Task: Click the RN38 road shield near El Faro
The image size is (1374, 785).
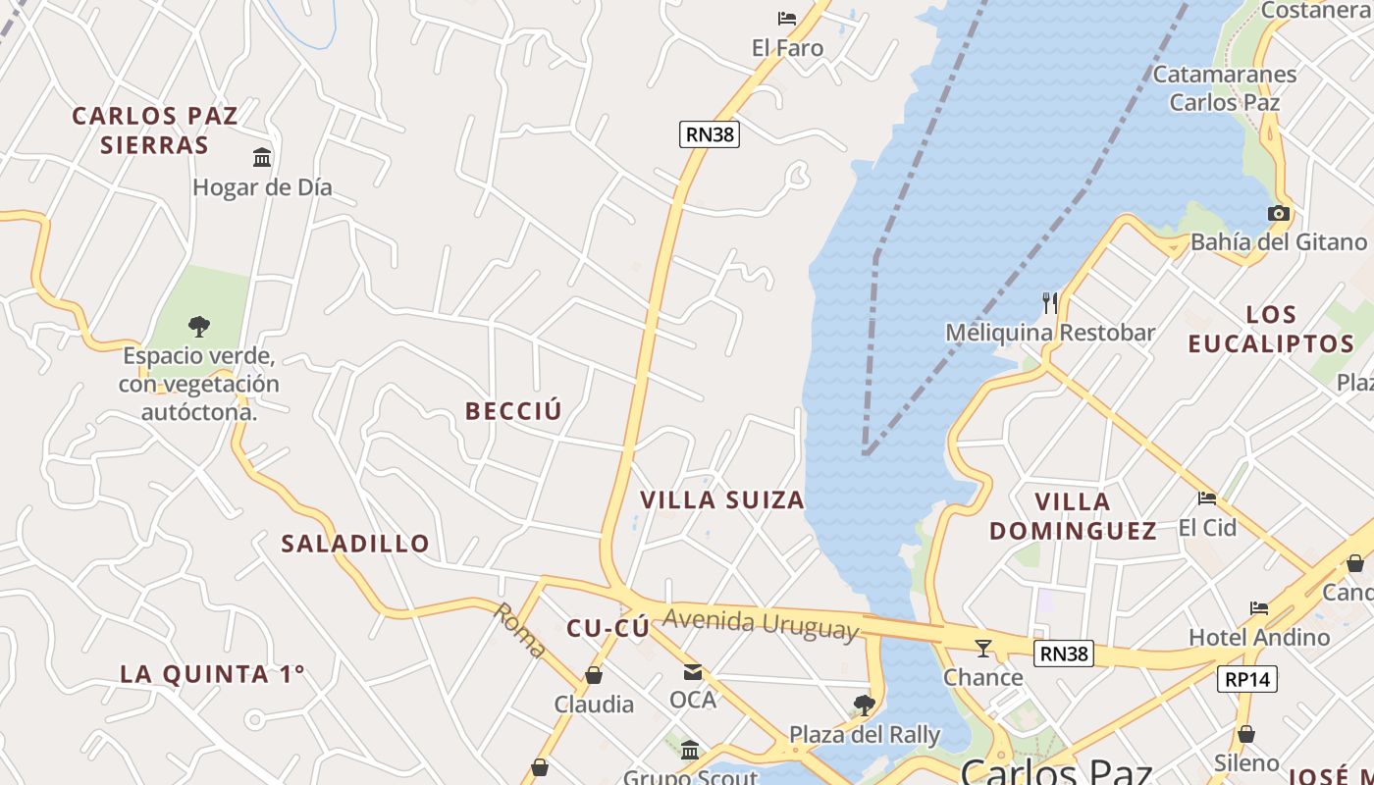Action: (709, 134)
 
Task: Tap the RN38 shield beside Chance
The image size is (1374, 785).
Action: (1063, 653)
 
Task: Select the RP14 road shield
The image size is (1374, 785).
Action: (1247, 678)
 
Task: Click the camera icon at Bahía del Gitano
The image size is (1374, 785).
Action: (1278, 213)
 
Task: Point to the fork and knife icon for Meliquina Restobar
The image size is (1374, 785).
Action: (1050, 303)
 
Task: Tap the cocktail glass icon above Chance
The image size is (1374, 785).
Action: (982, 648)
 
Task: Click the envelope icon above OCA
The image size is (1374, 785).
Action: (693, 672)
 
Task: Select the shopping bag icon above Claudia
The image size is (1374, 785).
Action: (594, 675)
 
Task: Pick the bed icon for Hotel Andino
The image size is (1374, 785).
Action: (1259, 608)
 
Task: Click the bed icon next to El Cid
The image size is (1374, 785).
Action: (1207, 498)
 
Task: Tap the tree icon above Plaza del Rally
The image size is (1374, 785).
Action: (864, 705)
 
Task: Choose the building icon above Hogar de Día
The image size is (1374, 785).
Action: (262, 157)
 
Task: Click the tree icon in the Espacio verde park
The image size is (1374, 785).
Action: (199, 326)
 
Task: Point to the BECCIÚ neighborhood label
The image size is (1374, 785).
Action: (514, 411)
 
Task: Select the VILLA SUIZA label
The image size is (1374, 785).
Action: (722, 499)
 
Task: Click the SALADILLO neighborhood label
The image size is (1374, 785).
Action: (355, 543)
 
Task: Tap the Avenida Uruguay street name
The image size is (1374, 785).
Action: (761, 623)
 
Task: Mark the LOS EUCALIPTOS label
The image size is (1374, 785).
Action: (1271, 329)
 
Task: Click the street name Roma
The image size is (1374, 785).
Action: (519, 629)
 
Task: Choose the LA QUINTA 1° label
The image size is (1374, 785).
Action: (212, 674)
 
